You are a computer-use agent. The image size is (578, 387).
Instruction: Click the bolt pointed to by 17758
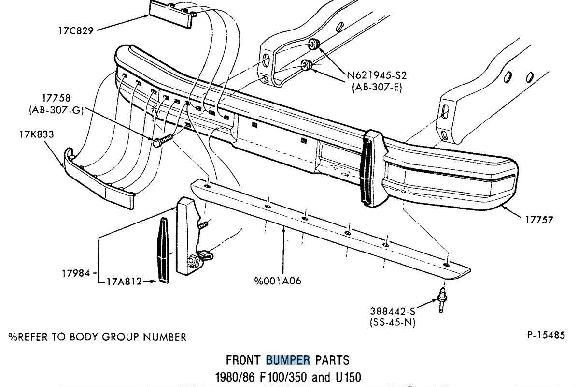pos(161,142)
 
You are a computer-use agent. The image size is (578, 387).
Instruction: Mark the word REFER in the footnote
pos(37,337)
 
